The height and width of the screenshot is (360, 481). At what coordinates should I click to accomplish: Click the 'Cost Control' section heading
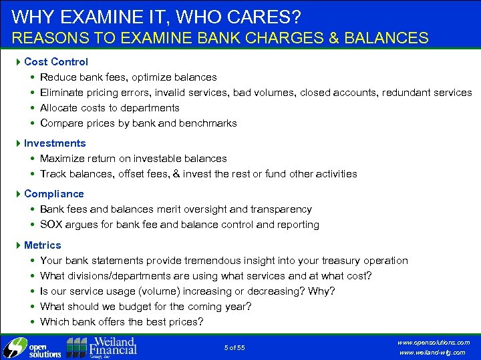55,61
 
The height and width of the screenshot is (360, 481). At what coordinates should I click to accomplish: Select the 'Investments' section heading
55,143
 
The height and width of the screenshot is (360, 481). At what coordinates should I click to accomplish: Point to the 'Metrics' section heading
42,245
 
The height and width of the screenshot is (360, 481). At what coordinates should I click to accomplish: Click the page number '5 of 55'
234,347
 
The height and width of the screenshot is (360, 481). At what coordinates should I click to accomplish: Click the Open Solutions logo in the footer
32,348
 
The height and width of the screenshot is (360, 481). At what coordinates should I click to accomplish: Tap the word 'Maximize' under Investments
63,158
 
